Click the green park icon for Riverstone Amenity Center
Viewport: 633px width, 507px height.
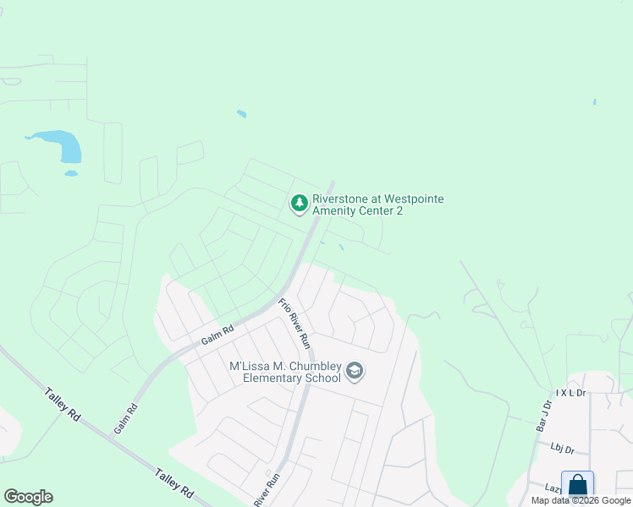299,204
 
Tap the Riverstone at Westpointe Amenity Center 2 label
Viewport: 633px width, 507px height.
377,204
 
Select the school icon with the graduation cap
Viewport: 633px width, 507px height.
355,371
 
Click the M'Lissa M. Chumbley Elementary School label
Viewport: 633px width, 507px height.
286,372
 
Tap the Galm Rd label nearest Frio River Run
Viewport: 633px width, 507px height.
217,336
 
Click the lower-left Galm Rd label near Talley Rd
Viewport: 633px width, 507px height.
125,419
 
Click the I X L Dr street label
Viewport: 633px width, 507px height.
570,393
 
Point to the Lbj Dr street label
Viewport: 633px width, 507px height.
562,450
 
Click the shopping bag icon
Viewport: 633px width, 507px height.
577,486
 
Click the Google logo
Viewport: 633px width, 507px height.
28,497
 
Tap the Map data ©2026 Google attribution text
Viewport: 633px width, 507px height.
581,500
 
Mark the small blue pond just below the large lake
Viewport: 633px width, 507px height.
71,174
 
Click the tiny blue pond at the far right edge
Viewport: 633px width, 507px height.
594,102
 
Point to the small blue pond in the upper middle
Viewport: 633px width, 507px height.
242,114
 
